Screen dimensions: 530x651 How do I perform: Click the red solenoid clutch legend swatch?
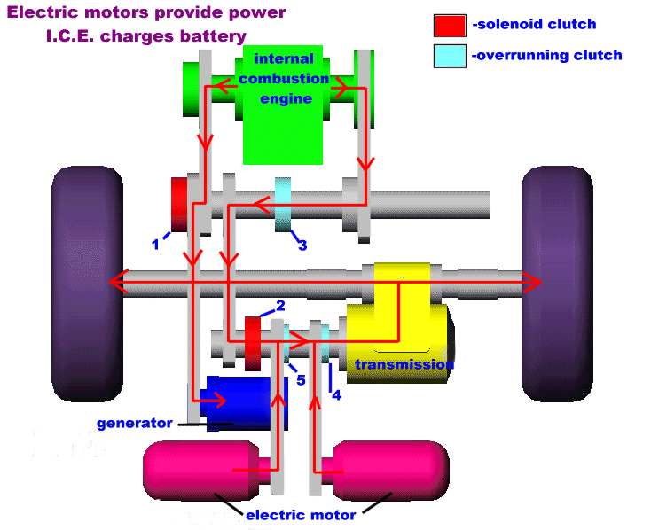(x=450, y=26)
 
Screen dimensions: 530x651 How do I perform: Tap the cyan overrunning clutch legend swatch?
(x=450, y=55)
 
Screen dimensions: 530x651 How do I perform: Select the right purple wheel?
(x=556, y=284)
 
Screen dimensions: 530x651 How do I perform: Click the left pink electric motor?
(x=191, y=470)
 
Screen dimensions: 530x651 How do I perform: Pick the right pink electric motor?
(x=390, y=470)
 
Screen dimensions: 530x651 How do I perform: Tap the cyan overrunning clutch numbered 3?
(x=283, y=204)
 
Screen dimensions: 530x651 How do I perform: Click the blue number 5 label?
(x=301, y=380)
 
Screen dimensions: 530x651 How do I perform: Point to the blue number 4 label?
(x=335, y=395)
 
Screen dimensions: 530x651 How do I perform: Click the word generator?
(x=135, y=423)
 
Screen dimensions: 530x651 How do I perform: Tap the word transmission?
(x=404, y=364)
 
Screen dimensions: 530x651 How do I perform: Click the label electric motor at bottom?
(x=301, y=515)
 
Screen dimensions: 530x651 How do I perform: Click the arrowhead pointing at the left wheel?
(x=114, y=282)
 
